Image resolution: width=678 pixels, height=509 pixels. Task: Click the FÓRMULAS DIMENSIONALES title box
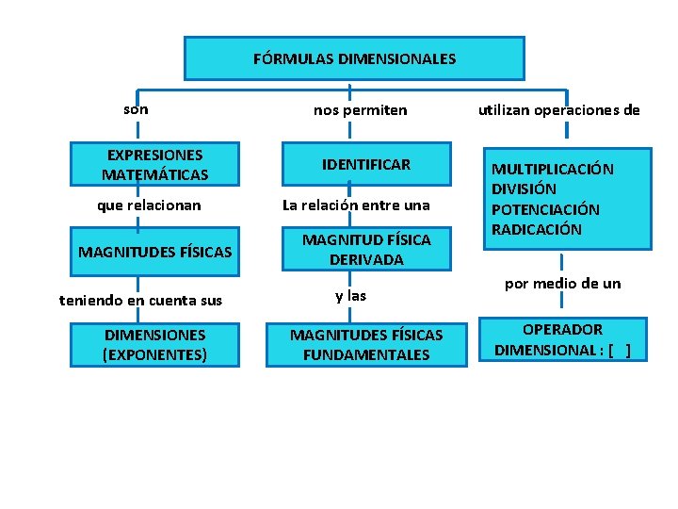click(354, 58)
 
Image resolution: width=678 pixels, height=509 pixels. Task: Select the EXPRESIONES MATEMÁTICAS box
click(155, 165)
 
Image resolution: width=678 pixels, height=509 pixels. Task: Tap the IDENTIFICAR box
click(366, 165)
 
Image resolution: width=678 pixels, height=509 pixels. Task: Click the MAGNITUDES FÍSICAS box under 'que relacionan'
click(155, 252)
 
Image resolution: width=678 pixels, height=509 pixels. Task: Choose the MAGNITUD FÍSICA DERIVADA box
click(366, 250)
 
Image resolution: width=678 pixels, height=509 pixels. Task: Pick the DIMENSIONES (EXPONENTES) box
click(155, 345)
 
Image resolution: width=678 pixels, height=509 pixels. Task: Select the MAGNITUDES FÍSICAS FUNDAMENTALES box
click(366, 345)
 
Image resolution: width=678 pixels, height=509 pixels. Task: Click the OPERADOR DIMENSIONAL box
click(563, 340)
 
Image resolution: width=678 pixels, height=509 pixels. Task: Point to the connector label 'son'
click(136, 109)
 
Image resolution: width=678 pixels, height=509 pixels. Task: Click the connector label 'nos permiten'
click(361, 110)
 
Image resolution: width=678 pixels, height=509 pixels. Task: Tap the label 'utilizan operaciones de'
click(559, 110)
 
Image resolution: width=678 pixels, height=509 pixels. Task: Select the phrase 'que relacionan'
click(150, 205)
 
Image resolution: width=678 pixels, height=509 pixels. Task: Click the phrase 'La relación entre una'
click(357, 205)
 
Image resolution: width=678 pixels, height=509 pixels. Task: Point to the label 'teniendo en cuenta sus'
click(141, 301)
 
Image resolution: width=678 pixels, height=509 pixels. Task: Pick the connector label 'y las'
click(351, 296)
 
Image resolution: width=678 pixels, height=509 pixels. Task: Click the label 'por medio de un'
click(563, 283)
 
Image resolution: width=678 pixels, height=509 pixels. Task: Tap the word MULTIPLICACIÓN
click(552, 170)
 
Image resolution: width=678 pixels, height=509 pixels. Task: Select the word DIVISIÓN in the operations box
click(524, 189)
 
